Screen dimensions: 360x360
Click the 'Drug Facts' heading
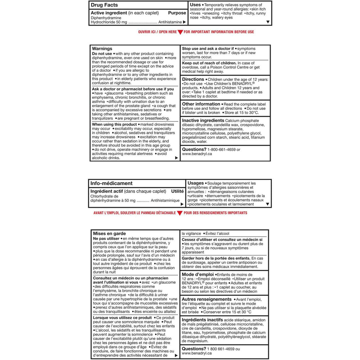104,5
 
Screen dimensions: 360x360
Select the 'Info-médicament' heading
111,183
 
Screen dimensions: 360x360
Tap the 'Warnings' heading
102,49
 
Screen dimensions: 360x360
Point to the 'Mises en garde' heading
109,233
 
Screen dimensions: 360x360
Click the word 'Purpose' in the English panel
177,13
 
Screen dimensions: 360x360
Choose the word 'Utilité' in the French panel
177,191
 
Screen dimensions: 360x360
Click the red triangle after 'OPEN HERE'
180,32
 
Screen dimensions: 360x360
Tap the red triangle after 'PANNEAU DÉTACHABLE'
180,213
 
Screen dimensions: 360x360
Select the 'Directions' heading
193,79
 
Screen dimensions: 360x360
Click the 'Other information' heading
201,104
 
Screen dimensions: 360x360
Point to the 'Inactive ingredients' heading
203,121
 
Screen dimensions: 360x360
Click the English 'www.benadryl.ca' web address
197,154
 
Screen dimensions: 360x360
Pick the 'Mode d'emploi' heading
198,275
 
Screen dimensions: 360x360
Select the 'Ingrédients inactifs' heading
202,320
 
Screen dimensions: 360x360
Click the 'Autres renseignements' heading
207,299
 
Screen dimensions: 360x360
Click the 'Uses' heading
195,5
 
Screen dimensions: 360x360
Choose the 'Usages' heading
196,183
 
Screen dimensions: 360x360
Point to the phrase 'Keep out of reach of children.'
209,63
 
